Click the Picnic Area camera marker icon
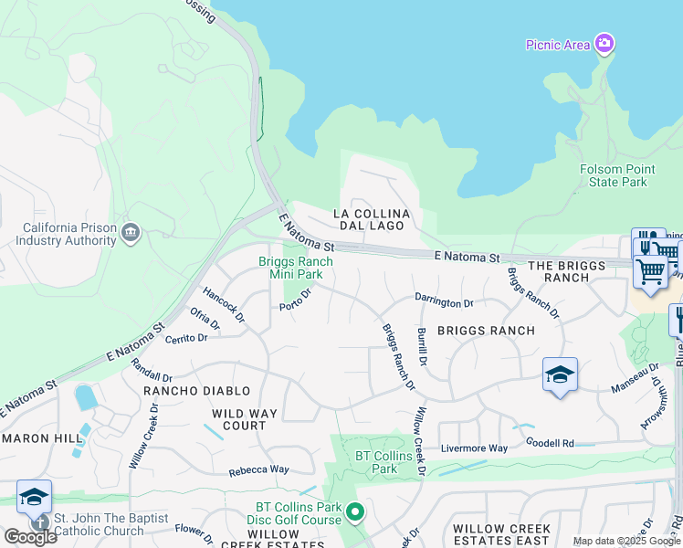click(x=604, y=43)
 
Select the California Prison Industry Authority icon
click(x=131, y=233)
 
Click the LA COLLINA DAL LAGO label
click(x=373, y=219)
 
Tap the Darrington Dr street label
click(x=445, y=302)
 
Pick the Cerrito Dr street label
click(x=186, y=337)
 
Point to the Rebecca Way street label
click(x=258, y=469)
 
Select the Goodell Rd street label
click(x=550, y=443)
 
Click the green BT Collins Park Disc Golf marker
click(x=356, y=512)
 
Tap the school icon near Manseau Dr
click(x=560, y=375)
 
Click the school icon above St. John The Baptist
click(x=34, y=497)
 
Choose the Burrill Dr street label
click(x=422, y=347)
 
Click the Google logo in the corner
click(x=30, y=537)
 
